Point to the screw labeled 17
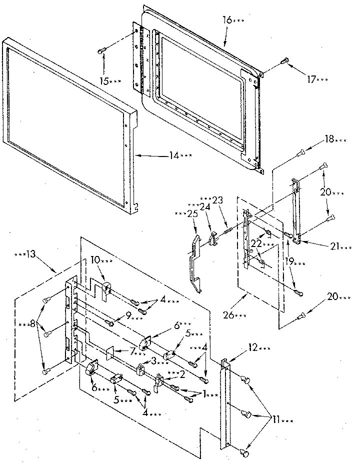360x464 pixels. tap(285, 61)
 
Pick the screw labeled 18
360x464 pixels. tap(301, 152)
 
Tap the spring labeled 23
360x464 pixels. tap(228, 231)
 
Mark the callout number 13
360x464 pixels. tap(30, 254)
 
